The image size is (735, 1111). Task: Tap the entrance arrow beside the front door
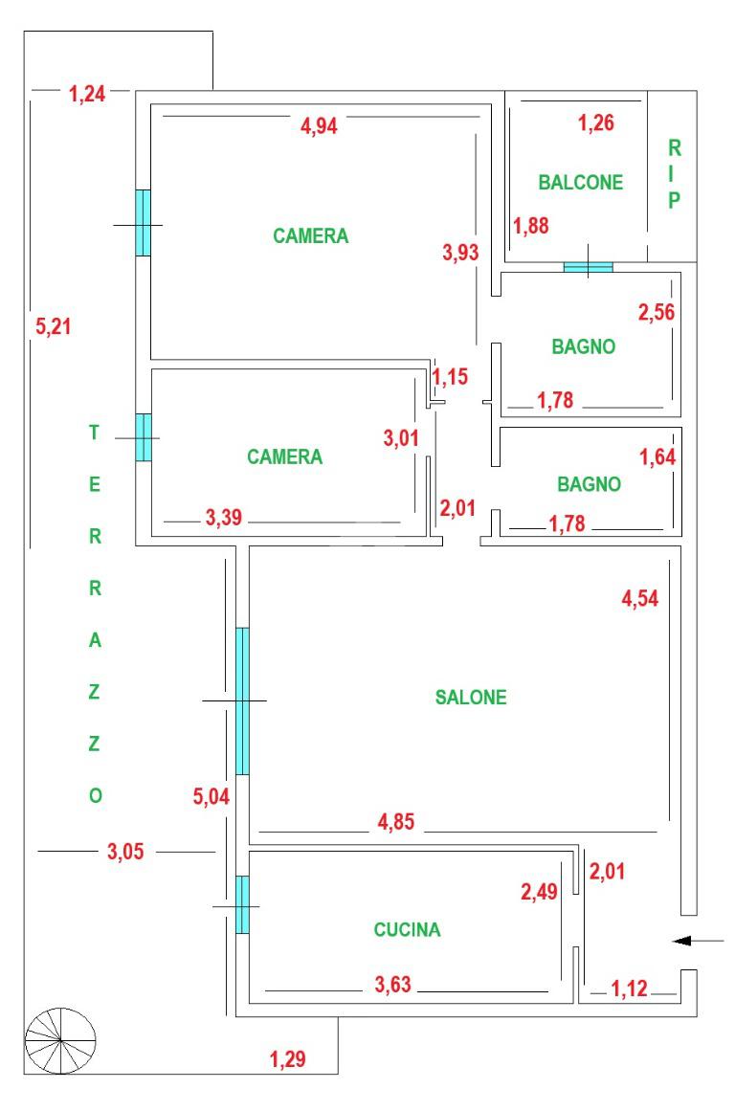[698, 942]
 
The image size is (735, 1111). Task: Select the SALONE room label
[471, 698]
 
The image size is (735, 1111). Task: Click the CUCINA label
[407, 929]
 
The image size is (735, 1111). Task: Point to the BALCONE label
[580, 182]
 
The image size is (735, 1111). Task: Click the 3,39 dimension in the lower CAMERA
[224, 520]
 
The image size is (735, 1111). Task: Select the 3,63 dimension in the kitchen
[393, 984]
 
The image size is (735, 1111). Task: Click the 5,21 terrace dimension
[54, 326]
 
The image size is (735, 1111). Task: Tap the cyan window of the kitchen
[243, 904]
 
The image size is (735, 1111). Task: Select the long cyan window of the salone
[242, 701]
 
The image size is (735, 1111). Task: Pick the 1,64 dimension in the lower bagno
[658, 456]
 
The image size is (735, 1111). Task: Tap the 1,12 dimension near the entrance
[630, 988]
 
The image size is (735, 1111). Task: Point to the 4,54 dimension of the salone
[640, 600]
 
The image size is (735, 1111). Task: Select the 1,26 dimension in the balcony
[596, 122]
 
